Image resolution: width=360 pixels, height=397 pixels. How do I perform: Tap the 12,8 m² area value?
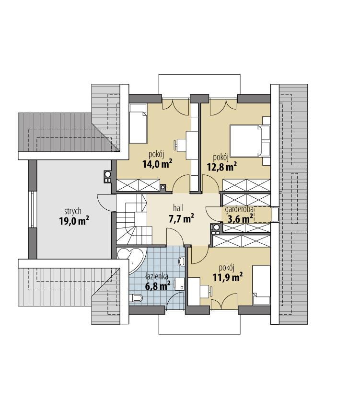click(x=222, y=167)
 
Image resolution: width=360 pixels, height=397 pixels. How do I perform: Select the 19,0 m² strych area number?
click(x=74, y=221)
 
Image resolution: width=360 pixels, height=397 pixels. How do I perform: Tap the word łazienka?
click(x=157, y=276)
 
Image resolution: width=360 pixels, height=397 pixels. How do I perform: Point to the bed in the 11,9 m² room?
click(x=262, y=286)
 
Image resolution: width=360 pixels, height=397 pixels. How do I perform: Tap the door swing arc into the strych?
click(x=103, y=203)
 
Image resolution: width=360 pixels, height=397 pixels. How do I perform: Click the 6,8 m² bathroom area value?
click(x=158, y=286)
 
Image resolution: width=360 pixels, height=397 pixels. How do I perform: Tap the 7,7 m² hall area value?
click(x=181, y=219)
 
